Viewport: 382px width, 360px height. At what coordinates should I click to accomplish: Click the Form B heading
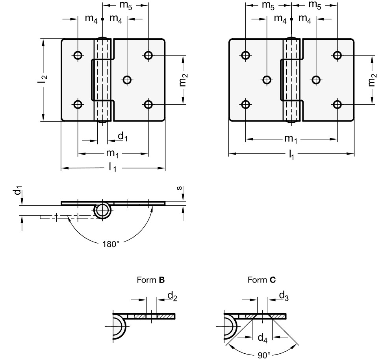click(150, 281)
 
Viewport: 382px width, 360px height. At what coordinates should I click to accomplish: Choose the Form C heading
click(261, 281)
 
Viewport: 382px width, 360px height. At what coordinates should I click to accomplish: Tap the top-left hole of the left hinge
click(78, 55)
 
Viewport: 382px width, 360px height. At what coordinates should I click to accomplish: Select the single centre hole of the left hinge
click(127, 80)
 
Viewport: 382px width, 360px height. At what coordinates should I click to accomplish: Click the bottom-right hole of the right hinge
click(337, 104)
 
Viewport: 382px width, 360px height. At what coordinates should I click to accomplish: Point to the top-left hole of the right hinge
click(245, 55)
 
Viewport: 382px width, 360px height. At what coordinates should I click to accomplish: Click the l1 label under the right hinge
click(291, 155)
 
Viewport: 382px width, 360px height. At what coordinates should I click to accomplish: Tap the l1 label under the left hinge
click(113, 168)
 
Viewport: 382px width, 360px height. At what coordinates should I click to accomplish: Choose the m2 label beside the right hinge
click(372, 80)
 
